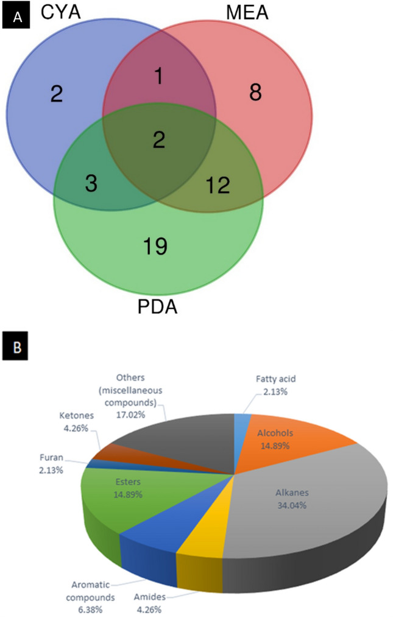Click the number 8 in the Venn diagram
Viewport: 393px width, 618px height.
coord(255,93)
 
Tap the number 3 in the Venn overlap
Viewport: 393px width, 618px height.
coord(91,184)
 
